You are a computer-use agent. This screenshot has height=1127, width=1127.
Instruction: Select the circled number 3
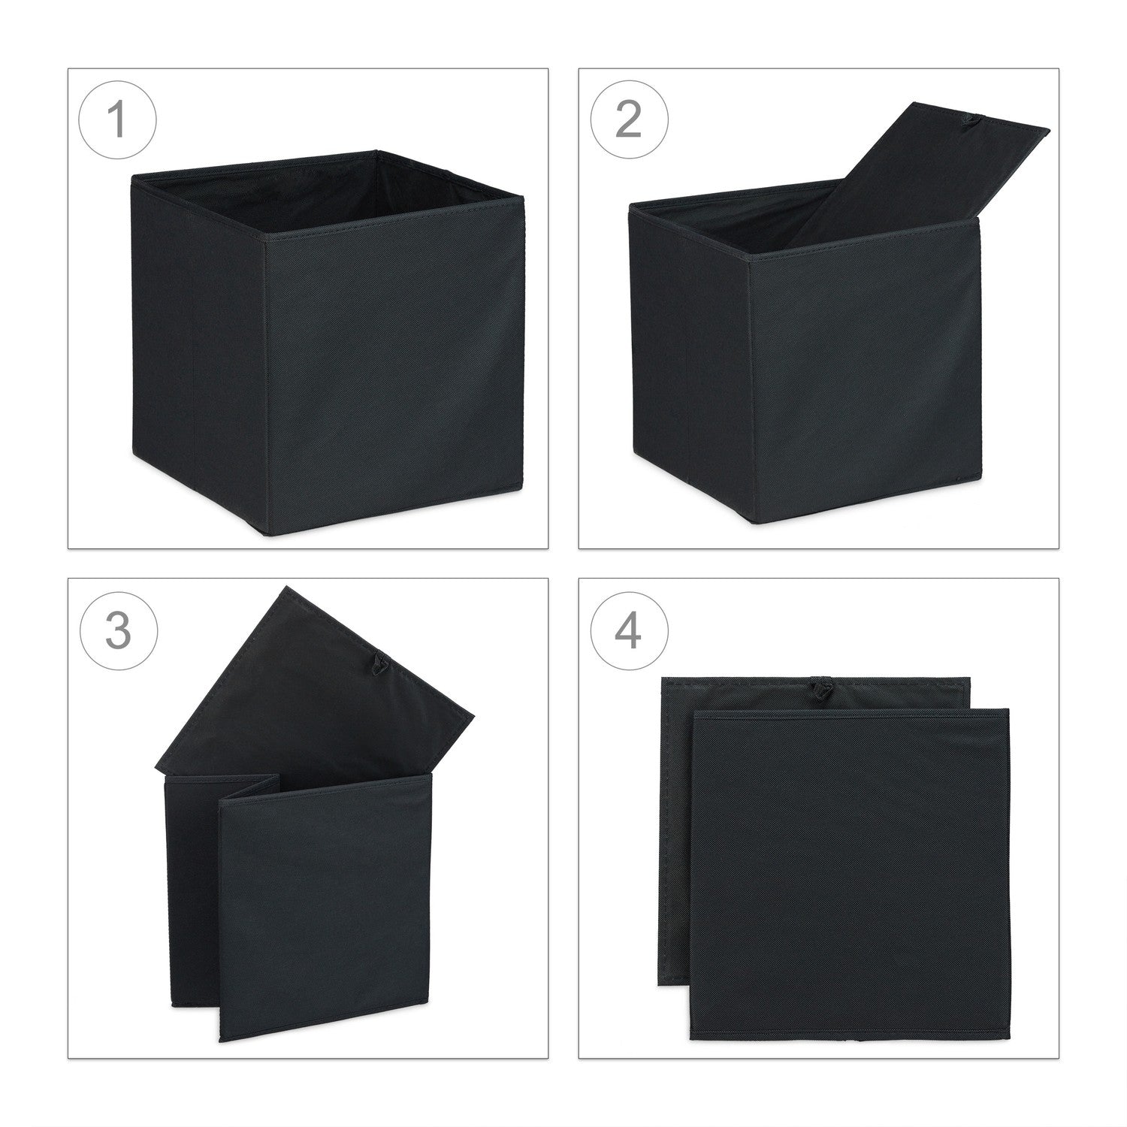coord(117,630)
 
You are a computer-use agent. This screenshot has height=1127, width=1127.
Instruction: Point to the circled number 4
coord(628,630)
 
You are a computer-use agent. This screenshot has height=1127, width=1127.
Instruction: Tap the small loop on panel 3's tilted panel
coord(379,663)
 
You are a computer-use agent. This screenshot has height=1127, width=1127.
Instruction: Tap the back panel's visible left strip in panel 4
coord(675,841)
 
